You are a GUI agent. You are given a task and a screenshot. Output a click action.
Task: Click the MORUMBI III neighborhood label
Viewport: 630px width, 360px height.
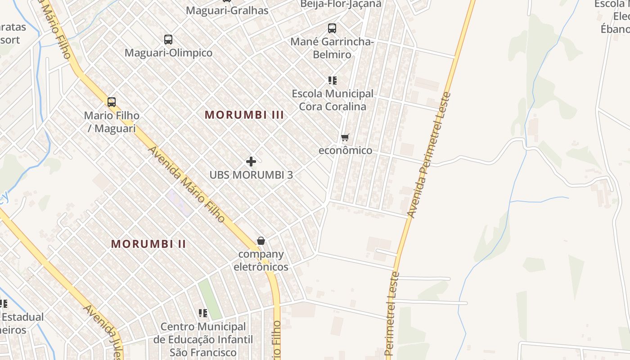point(244,115)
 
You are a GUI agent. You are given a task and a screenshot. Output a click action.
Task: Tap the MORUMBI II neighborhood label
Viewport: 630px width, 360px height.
point(148,244)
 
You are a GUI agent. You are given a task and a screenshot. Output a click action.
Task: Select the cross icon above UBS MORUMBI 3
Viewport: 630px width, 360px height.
point(251,162)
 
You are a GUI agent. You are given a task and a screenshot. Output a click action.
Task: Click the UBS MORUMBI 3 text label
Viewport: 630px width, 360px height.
point(251,175)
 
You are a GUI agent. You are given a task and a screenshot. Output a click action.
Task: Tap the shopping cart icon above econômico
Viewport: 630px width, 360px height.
point(345,137)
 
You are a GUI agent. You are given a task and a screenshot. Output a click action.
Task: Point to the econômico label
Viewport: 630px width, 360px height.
point(345,150)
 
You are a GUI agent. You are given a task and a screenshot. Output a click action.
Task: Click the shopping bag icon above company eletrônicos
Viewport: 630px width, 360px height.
point(261,241)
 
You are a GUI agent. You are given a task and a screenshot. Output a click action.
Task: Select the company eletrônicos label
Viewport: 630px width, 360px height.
point(261,261)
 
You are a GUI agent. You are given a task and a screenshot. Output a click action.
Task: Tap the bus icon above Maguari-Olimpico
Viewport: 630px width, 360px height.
point(168,40)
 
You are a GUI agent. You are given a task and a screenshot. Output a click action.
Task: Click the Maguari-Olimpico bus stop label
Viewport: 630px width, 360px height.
point(168,53)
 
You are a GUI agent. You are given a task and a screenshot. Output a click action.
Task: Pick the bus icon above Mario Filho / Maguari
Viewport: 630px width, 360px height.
point(112,102)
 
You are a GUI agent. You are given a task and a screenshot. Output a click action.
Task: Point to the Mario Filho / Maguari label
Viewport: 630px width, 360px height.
point(112,122)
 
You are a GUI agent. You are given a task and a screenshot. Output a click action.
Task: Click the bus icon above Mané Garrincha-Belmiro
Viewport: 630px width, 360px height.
point(332,28)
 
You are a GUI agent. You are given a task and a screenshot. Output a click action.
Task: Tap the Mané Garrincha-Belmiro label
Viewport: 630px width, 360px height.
point(332,48)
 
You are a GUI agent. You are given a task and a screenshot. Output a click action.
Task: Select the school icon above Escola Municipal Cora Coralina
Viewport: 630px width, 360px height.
point(333,81)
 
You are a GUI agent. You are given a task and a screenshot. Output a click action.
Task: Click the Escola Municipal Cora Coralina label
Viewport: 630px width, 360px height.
point(333,100)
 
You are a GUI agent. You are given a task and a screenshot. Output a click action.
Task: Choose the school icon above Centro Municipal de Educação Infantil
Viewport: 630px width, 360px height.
point(203,313)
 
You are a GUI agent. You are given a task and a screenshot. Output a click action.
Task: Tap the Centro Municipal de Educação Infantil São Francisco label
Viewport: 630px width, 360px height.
point(203,339)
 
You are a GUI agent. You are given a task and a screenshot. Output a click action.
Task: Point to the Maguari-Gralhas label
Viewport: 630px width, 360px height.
point(227,10)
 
